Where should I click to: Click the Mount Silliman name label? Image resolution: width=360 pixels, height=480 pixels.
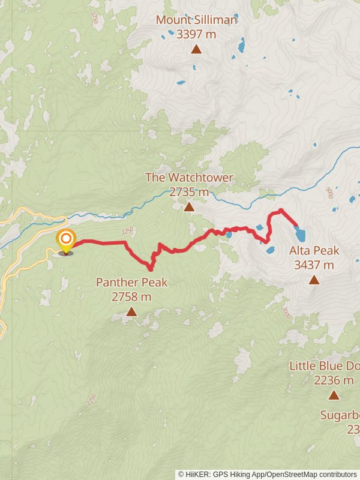pyautogui.click(x=196, y=20)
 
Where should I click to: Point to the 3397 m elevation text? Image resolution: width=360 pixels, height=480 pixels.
pyautogui.click(x=196, y=34)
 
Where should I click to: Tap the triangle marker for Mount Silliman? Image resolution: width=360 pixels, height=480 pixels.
pyautogui.click(x=196, y=49)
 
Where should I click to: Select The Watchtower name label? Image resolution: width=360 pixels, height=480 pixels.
pyautogui.click(x=189, y=178)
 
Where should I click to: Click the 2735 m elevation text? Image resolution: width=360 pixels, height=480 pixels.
pyautogui.click(x=189, y=192)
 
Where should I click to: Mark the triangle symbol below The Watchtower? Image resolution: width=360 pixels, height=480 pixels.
pyautogui.click(x=189, y=207)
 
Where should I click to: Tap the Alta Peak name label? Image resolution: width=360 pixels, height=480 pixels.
pyautogui.click(x=314, y=250)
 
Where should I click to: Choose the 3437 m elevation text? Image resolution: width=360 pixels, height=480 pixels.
pyautogui.click(x=314, y=265)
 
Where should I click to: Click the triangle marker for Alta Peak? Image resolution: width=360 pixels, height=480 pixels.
pyautogui.click(x=314, y=280)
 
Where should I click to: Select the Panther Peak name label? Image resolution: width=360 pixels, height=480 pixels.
pyautogui.click(x=131, y=282)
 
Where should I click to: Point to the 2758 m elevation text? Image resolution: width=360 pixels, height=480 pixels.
pyautogui.click(x=131, y=296)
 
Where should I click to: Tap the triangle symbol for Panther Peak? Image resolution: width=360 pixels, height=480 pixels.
pyautogui.click(x=131, y=311)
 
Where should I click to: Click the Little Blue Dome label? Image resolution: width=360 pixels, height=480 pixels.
pyautogui.click(x=325, y=365)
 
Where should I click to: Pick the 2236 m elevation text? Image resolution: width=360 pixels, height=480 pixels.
pyautogui.click(x=334, y=380)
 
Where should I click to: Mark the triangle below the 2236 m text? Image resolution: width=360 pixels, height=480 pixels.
pyautogui.click(x=334, y=395)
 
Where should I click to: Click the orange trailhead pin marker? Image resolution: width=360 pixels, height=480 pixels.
pyautogui.click(x=65, y=241)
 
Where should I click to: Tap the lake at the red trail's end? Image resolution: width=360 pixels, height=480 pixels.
pyautogui.click(x=300, y=233)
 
